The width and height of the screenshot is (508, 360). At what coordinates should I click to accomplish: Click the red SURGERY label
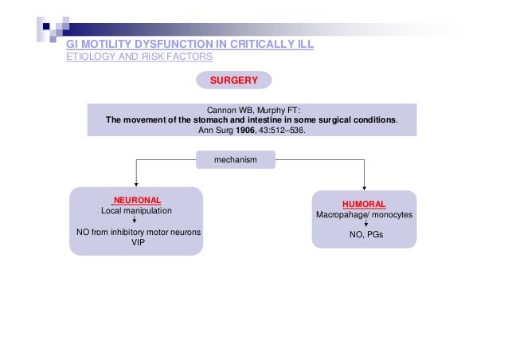[x=235, y=80]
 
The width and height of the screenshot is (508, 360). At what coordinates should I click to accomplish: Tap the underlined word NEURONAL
[x=137, y=200]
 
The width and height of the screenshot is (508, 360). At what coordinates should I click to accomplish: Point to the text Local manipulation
[x=136, y=211]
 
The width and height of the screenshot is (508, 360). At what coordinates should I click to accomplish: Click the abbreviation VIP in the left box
[x=136, y=245]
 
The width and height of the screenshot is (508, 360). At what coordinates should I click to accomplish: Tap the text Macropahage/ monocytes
[x=364, y=215]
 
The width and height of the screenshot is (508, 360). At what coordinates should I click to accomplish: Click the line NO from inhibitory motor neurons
[x=136, y=233]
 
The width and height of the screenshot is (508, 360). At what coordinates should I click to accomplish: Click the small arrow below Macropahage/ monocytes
[x=365, y=225]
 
